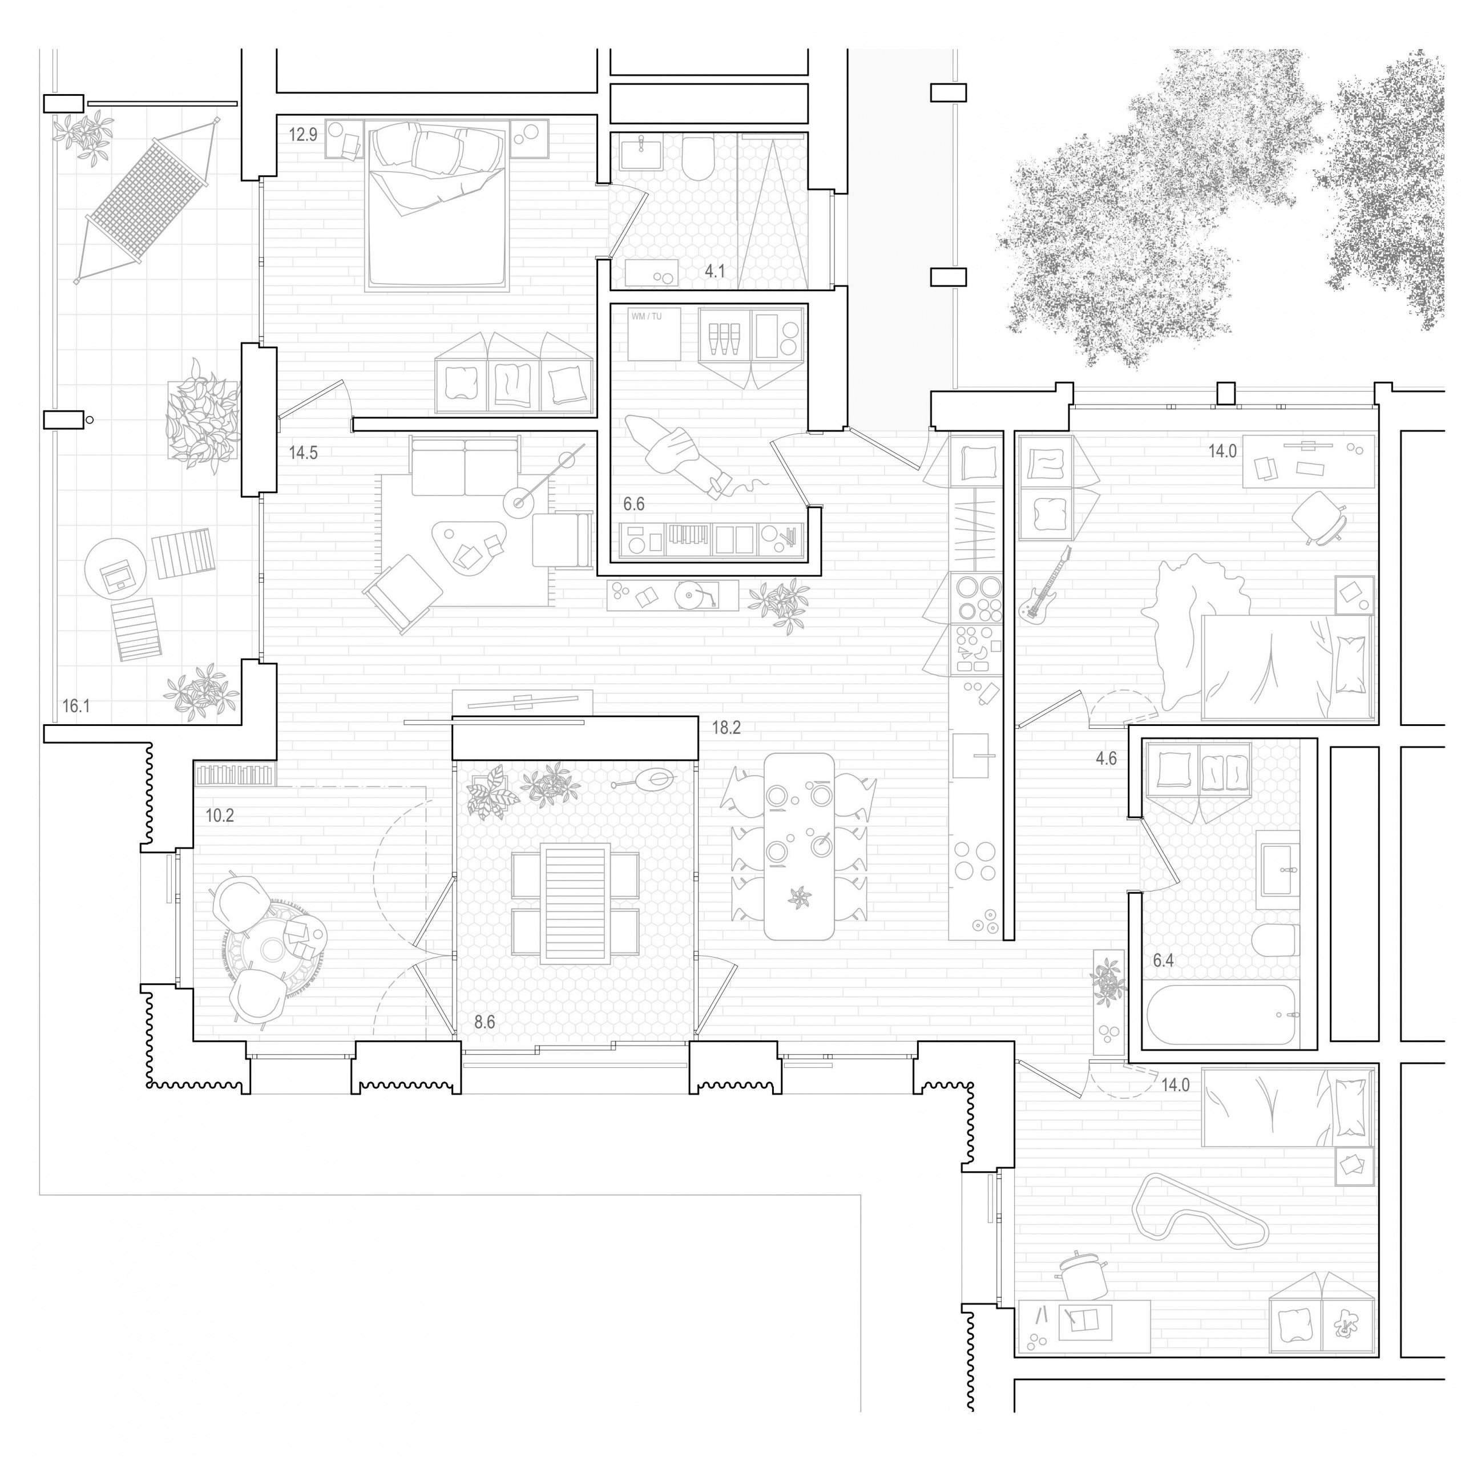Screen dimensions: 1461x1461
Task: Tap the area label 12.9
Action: [302, 135]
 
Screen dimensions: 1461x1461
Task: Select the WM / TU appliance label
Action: [646, 316]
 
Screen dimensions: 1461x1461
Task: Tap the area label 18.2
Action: [726, 728]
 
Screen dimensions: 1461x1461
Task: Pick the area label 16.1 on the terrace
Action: [76, 707]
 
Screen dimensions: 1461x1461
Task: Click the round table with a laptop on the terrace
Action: [114, 568]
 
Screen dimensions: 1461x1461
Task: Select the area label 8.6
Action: [484, 1022]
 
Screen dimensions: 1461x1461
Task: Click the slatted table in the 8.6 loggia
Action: [576, 903]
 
